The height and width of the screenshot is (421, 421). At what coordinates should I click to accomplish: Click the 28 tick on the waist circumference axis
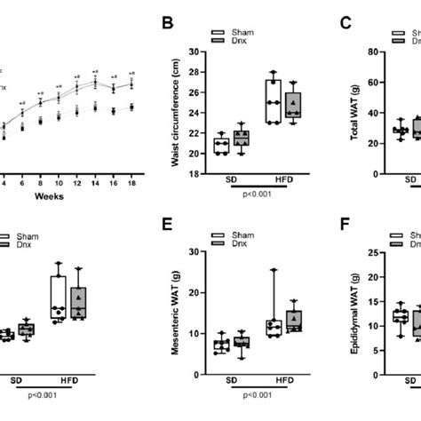coord(197,73)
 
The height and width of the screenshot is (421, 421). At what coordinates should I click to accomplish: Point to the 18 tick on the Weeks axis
coord(131,158)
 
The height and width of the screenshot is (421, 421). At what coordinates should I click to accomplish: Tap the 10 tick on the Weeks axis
coord(59,158)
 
